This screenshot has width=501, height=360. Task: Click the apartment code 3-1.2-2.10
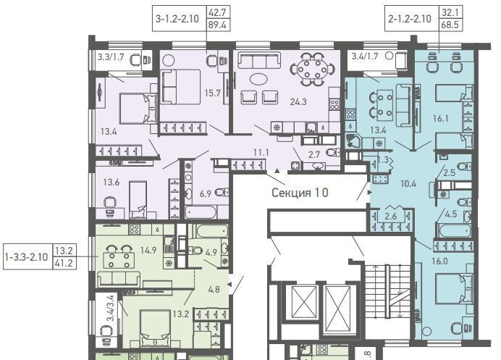point(177,19)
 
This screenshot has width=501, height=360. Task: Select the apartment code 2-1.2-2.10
point(410,19)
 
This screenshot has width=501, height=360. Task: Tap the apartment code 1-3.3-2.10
point(27,257)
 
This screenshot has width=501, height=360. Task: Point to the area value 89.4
point(217,25)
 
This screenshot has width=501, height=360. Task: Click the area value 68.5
point(450,25)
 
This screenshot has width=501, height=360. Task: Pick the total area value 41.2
point(64,263)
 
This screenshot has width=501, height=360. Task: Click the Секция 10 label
point(300,193)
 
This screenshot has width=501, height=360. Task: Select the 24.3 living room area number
point(298,101)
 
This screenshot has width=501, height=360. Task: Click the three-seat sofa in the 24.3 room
point(259,61)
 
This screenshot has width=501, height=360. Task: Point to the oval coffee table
point(259,79)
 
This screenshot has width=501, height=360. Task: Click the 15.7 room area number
point(212,93)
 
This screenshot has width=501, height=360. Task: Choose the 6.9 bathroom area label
point(205,193)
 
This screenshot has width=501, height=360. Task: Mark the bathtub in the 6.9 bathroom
point(201,212)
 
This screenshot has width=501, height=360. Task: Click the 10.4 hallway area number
point(408,183)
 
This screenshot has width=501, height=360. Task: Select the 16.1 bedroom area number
point(441,119)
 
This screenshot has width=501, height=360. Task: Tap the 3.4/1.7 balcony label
point(365,56)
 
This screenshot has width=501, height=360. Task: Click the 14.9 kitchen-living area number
point(148,250)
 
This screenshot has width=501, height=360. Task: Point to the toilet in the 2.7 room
point(334,153)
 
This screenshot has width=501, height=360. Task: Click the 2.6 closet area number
point(391,216)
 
